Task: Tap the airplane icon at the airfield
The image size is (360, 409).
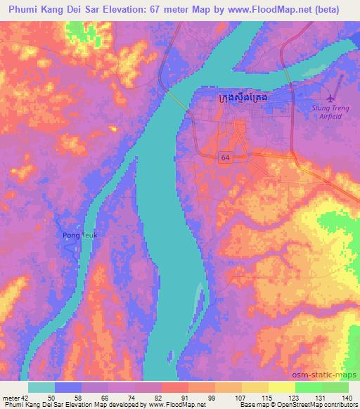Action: click(x=332, y=98)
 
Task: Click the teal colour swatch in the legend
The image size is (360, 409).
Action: click(x=41, y=387)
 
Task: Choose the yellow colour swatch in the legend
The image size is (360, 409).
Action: click(x=281, y=387)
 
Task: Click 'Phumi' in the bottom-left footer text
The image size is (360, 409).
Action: click(x=13, y=405)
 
